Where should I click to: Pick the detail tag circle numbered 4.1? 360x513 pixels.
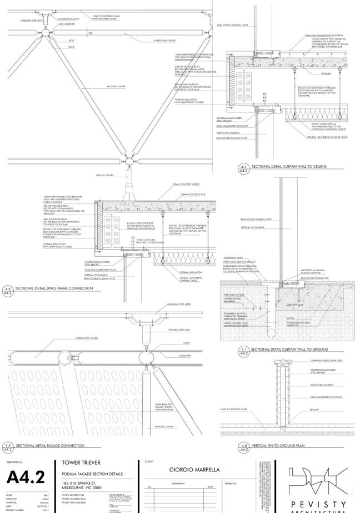pos(243,351)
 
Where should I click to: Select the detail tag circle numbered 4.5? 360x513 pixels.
pos(243,447)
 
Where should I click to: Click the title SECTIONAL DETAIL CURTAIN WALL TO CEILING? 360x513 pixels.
pos(289,167)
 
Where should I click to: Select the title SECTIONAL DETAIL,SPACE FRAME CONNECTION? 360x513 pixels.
pos(54,289)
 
